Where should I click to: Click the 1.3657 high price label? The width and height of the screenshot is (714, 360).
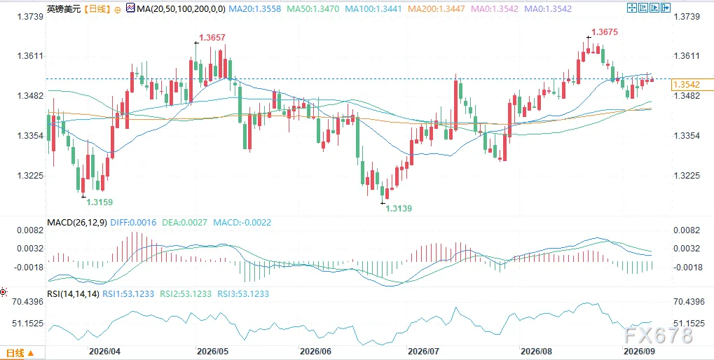pos(212,38)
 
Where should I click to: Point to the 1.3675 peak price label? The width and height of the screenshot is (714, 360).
pos(605,32)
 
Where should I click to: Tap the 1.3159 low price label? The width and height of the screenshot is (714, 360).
pos(99,202)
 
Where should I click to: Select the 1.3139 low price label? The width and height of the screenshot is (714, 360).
pos(399,209)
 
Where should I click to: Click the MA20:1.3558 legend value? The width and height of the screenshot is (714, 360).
pos(255,8)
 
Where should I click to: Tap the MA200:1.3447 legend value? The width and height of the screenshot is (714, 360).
pos(434,8)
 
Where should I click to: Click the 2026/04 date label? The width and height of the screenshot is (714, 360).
pos(104,352)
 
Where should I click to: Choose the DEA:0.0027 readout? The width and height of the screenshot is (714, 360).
pos(185,223)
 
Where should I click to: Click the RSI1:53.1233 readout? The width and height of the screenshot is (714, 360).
pos(129,294)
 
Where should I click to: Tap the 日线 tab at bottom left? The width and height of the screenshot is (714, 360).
pos(19,353)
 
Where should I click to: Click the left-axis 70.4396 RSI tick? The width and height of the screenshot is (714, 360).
pos(28,302)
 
